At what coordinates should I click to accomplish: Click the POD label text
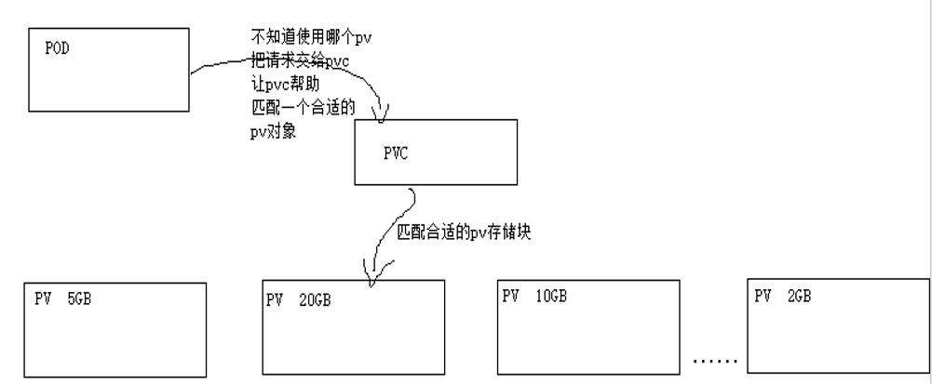(x=57, y=48)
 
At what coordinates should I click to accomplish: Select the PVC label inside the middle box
(x=397, y=155)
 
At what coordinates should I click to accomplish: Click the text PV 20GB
(x=299, y=300)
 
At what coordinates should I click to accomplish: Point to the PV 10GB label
(x=534, y=297)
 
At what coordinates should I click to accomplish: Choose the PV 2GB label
(x=782, y=297)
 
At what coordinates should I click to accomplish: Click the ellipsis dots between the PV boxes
(x=717, y=359)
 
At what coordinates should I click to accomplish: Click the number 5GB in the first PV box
(x=79, y=299)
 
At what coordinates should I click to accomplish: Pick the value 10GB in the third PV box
(x=550, y=297)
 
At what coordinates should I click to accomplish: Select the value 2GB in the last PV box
(x=797, y=297)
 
